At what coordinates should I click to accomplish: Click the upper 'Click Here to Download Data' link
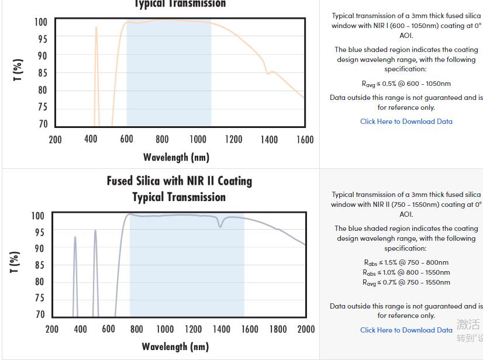point(406,122)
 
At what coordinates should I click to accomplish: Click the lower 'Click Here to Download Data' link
point(406,330)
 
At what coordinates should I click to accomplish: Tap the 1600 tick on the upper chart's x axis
point(305,140)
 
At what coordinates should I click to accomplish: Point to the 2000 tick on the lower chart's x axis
point(306,329)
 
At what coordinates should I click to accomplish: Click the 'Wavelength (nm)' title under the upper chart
point(176,157)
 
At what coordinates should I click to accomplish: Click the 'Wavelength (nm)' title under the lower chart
point(175,347)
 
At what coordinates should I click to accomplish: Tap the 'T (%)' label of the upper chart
point(18,71)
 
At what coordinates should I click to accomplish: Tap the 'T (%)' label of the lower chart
point(15,262)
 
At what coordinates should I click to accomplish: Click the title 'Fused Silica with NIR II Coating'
point(179,181)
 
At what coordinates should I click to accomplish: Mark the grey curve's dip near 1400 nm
point(220,226)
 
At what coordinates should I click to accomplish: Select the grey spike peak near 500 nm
point(95,231)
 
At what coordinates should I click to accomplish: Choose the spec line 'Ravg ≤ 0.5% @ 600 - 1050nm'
point(406,84)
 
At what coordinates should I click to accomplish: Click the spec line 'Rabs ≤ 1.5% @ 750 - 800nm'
point(406,262)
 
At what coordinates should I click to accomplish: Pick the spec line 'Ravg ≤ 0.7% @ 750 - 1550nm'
point(406,282)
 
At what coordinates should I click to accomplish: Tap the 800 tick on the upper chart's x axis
point(162,140)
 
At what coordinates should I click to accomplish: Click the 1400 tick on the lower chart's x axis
point(221,329)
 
